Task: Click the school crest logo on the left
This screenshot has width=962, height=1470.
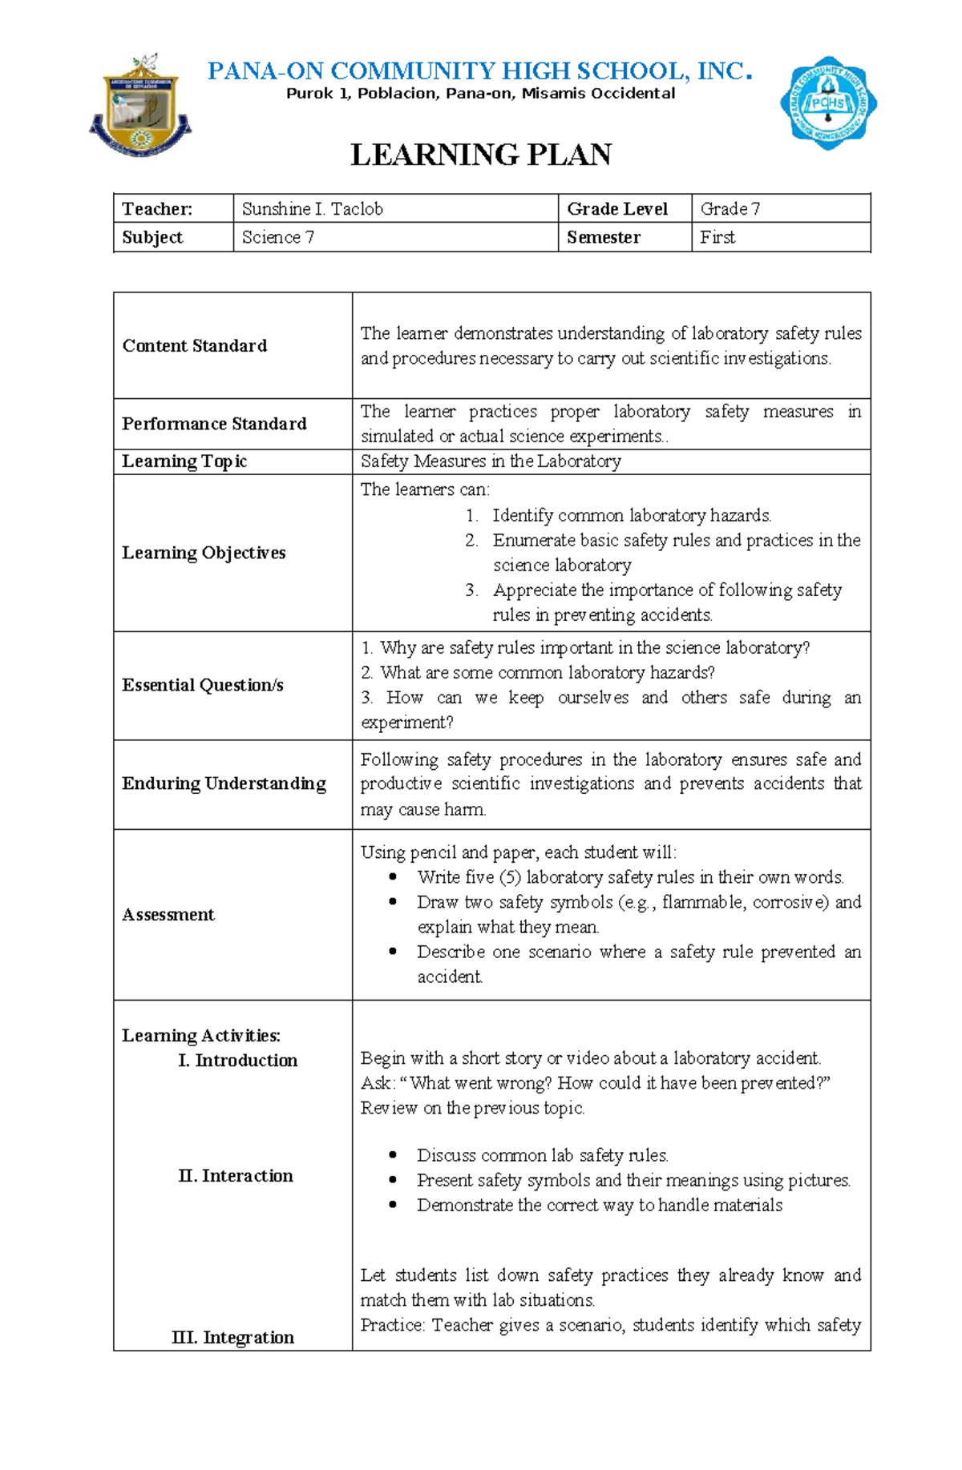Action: pyautogui.click(x=140, y=107)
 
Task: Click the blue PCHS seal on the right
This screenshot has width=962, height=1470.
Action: pyautogui.click(x=828, y=103)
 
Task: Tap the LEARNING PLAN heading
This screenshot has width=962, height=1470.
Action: pyautogui.click(x=481, y=155)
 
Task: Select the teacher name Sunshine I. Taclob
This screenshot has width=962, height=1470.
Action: pyautogui.click(x=312, y=209)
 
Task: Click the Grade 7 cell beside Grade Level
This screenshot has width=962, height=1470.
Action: pyautogui.click(x=730, y=209)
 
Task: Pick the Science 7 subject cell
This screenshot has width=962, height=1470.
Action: pyautogui.click(x=277, y=237)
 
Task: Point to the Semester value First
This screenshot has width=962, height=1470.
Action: pyautogui.click(x=717, y=237)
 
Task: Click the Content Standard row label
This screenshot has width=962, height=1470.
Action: pyautogui.click(x=194, y=345)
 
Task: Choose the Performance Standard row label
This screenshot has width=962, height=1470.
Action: pyautogui.click(x=214, y=424)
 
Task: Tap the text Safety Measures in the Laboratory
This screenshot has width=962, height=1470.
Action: pyautogui.click(x=491, y=461)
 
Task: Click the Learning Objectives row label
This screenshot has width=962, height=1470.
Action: pyautogui.click(x=204, y=553)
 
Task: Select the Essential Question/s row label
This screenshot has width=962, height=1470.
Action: pyautogui.click(x=203, y=685)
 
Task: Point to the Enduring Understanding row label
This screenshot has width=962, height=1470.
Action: pyautogui.click(x=224, y=783)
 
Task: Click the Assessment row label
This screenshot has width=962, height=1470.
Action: pyautogui.click(x=168, y=915)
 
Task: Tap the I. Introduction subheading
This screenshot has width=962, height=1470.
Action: pyautogui.click(x=237, y=1061)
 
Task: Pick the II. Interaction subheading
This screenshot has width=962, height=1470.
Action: pyautogui.click(x=235, y=1176)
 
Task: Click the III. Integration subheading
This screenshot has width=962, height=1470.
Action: pyautogui.click(x=232, y=1337)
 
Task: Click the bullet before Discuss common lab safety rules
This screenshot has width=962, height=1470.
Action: pyautogui.click(x=393, y=1155)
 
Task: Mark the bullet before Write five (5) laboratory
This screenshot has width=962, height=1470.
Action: pyautogui.click(x=393, y=877)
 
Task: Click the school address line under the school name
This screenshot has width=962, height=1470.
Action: pyautogui.click(x=481, y=94)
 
